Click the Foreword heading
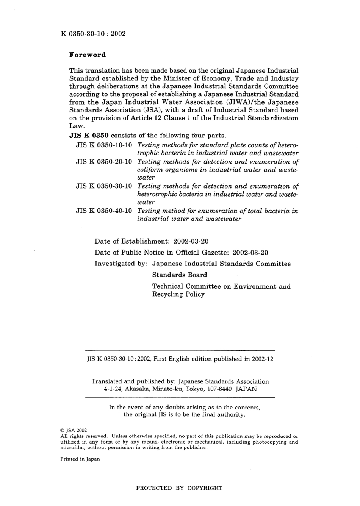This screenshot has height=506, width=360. (x=88, y=55)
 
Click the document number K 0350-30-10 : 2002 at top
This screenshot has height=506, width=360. (x=93, y=33)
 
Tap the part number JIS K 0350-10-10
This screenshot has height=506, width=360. (x=104, y=145)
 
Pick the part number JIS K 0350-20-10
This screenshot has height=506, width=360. (x=104, y=162)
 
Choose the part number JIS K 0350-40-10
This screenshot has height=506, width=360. (x=104, y=211)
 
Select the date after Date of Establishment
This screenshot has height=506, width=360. (x=191, y=241)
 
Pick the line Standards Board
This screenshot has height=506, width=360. (x=180, y=275)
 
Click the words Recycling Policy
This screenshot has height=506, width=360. (x=178, y=294)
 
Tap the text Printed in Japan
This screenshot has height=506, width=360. (x=80, y=459)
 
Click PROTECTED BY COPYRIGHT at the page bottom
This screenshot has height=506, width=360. (x=179, y=488)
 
